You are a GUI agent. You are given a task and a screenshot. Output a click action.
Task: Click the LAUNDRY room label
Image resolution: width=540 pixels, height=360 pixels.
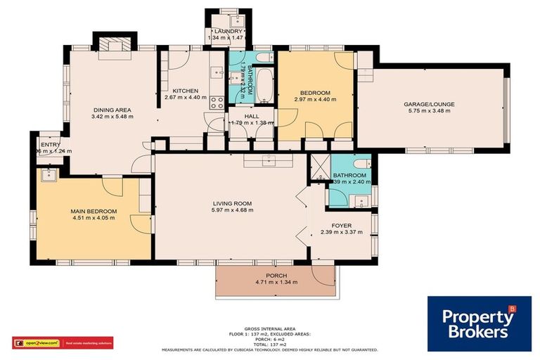pos(228,32)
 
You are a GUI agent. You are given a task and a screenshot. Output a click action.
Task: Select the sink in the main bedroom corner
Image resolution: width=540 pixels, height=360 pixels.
pos(50,174)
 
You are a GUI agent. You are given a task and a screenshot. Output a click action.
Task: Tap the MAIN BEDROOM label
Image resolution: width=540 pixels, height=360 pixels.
pos(94,211)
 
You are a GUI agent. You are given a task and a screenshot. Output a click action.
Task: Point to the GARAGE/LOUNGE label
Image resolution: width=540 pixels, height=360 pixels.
pos(429,105)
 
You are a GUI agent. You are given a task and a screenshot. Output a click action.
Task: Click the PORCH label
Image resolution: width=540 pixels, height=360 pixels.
pos(276,276)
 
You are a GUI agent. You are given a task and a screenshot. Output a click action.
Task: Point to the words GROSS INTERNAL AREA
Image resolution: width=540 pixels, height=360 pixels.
pos(270,328)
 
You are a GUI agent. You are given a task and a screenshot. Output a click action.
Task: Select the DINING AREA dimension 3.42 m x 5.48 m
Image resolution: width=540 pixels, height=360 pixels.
pos(113,116)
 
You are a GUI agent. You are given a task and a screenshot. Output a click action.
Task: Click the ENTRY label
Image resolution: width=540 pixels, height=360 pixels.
pos(50,145)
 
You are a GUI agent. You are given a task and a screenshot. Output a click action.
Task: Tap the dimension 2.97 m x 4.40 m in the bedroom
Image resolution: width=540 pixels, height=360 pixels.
pos(315,99)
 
